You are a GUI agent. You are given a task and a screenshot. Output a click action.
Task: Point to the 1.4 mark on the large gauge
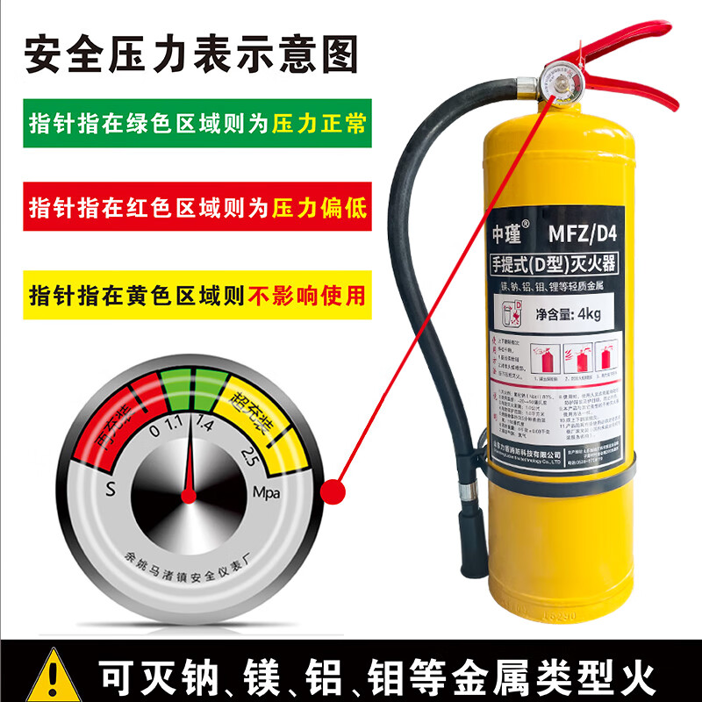(205, 426)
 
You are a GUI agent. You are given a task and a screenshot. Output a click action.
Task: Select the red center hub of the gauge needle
(189, 497)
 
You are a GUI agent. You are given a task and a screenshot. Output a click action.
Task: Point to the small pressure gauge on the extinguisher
(554, 85)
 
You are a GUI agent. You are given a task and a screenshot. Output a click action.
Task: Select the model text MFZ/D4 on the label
(584, 235)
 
